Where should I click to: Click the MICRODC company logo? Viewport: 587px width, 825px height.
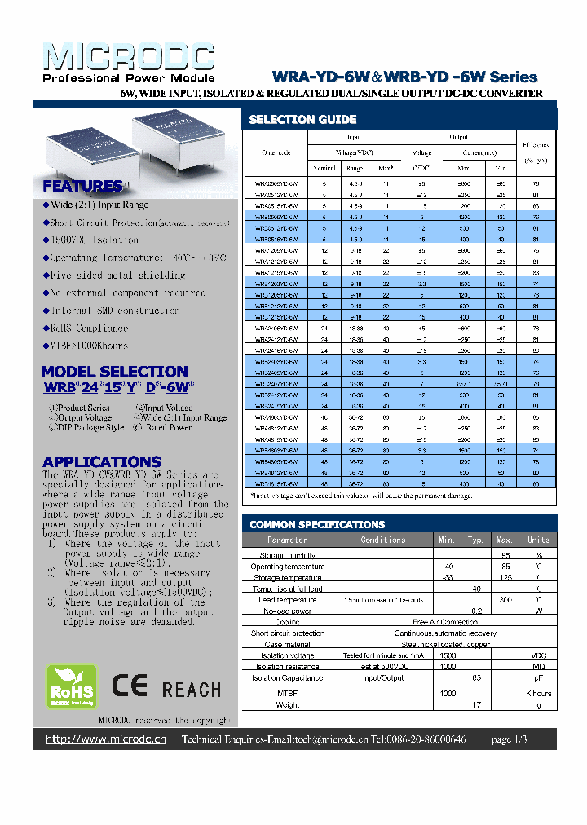(x=128, y=59)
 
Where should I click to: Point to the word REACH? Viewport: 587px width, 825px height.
(x=191, y=690)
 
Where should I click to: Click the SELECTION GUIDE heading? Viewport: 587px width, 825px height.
(x=291, y=119)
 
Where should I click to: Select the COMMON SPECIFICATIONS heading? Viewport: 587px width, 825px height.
(x=317, y=524)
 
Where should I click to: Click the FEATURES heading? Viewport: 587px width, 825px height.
(x=82, y=186)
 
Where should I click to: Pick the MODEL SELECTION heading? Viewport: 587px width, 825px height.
(x=115, y=371)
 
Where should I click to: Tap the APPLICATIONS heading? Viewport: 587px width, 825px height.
(x=102, y=461)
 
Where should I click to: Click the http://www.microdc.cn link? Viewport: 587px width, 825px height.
(x=106, y=739)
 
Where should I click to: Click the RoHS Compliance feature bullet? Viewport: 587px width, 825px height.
(x=89, y=328)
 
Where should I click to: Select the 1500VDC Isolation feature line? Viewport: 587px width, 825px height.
(x=94, y=240)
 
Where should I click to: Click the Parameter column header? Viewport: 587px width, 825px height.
(x=288, y=540)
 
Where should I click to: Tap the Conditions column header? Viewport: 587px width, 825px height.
(x=382, y=540)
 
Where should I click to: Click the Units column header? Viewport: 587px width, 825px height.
(x=538, y=540)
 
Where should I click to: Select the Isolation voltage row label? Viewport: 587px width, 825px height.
(x=288, y=655)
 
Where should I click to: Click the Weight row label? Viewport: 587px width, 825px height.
(x=288, y=704)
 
